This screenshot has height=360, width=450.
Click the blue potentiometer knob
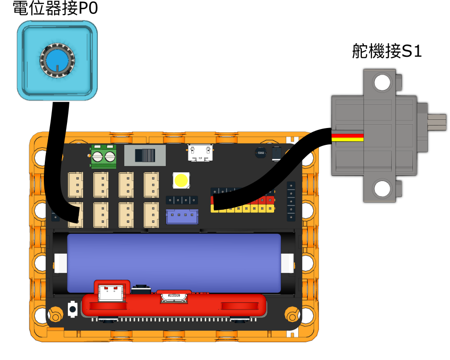57,61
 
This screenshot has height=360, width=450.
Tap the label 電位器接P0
55,8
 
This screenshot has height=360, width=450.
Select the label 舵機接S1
387,51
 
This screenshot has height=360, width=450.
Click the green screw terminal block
104,156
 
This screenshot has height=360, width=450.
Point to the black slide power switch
145,155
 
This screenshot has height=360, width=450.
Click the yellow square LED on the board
181,180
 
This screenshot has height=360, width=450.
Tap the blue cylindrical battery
174,263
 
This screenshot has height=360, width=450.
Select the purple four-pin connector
182,217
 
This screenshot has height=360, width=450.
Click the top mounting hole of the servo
382,83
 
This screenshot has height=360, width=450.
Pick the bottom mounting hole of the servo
382,189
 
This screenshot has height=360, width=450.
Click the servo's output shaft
437,122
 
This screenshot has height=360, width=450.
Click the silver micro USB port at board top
200,153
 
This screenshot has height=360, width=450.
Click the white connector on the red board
110,293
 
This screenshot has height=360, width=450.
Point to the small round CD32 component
260,153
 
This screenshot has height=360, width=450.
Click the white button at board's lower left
73,309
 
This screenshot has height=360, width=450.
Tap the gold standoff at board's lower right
292,316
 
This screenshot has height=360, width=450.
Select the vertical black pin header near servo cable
291,201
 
